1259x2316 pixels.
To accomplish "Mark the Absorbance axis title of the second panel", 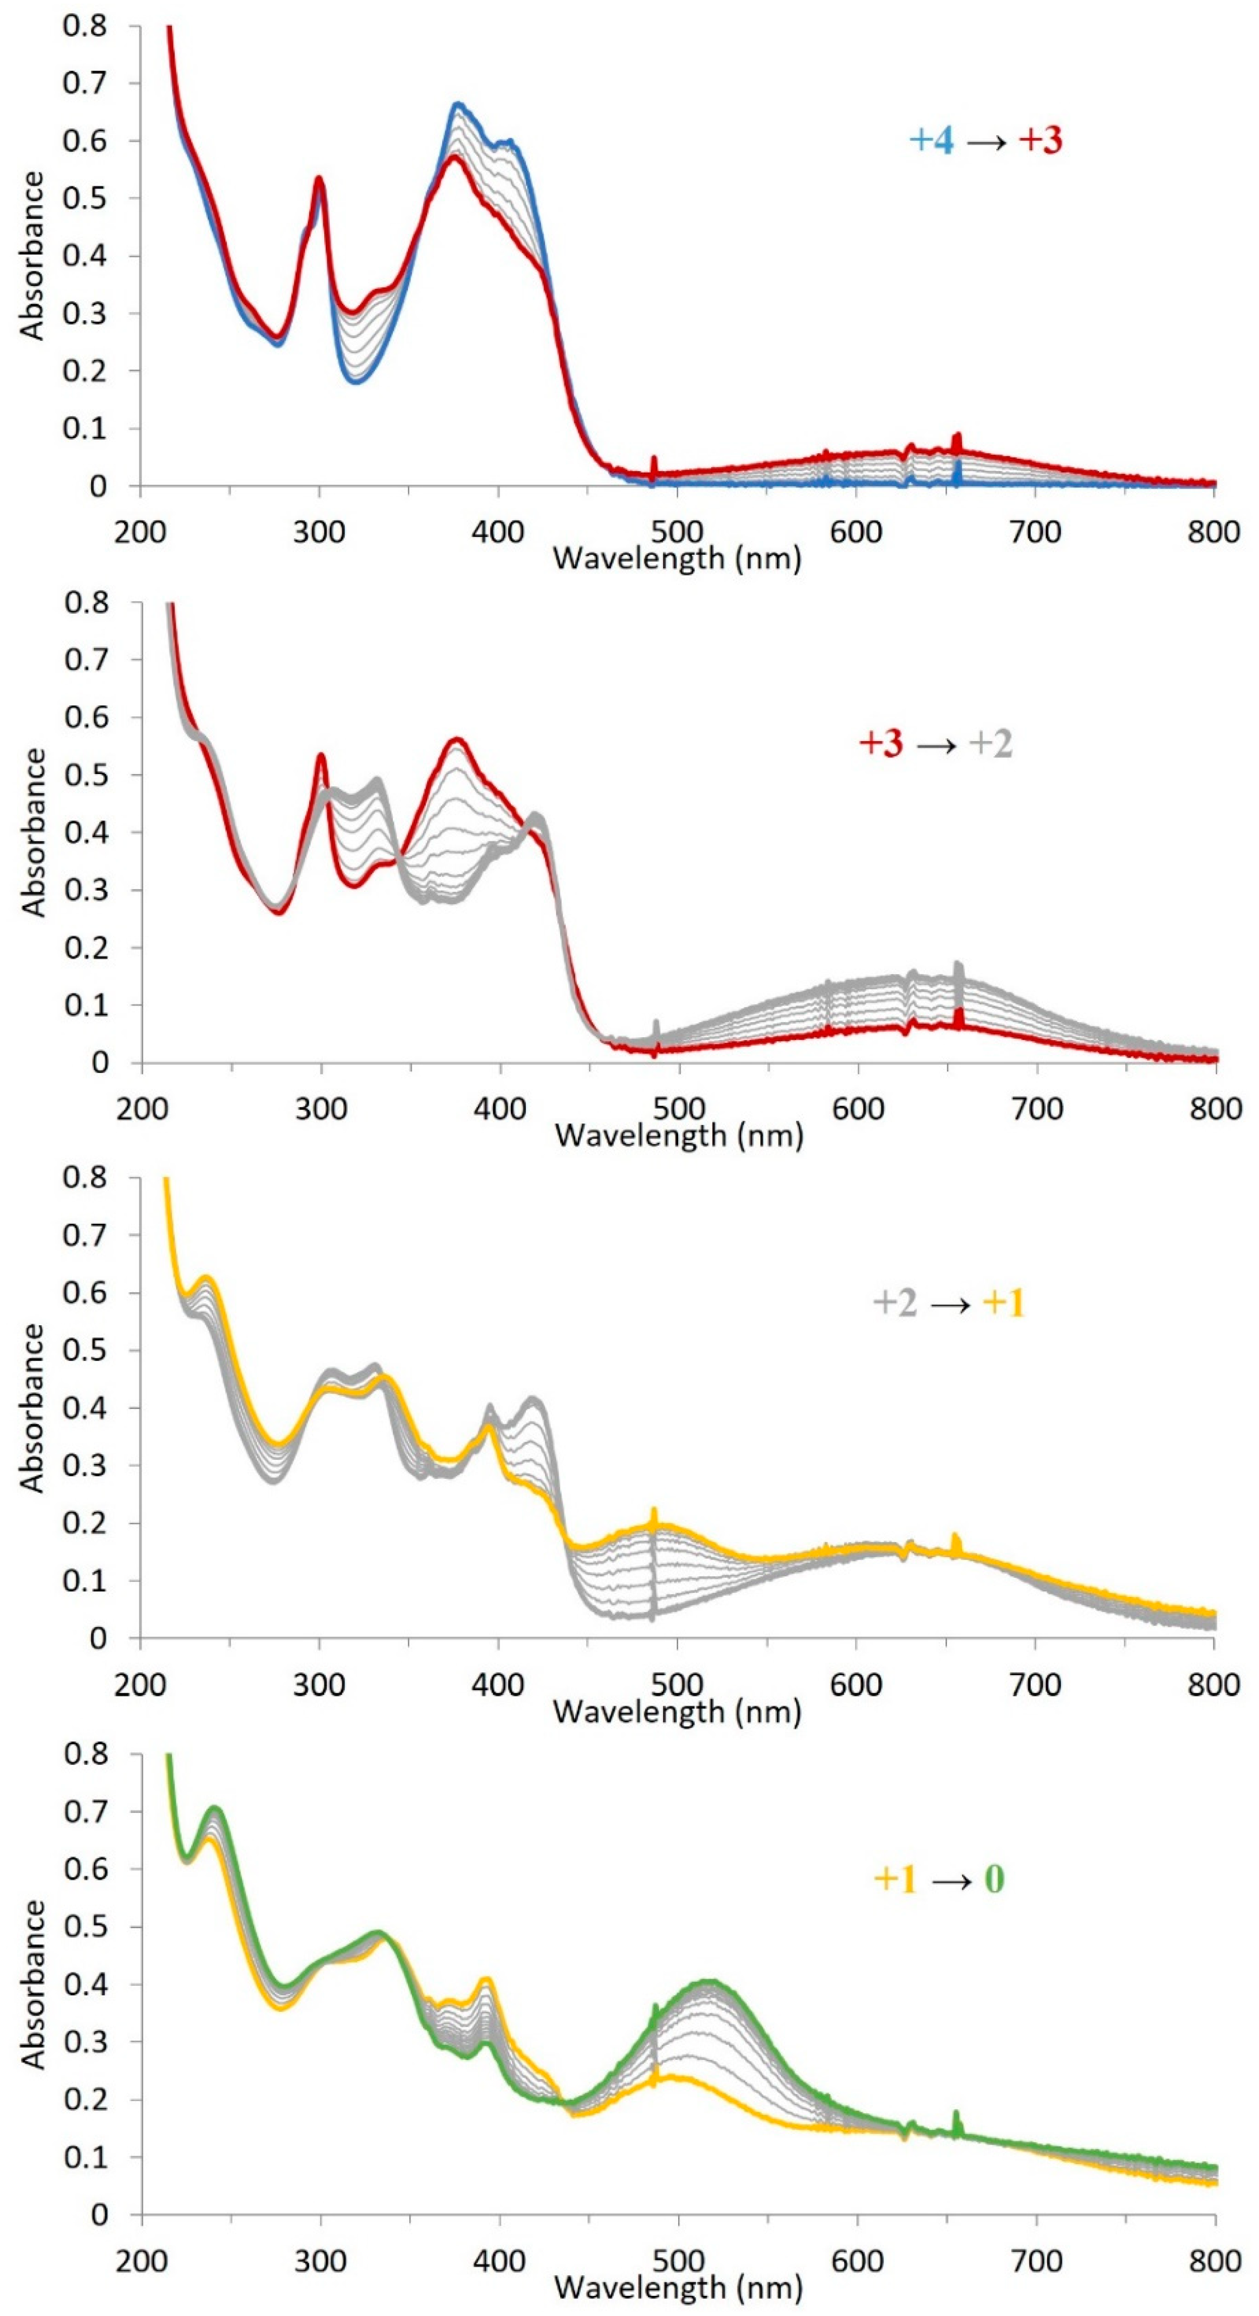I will pyautogui.click(x=34, y=833).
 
